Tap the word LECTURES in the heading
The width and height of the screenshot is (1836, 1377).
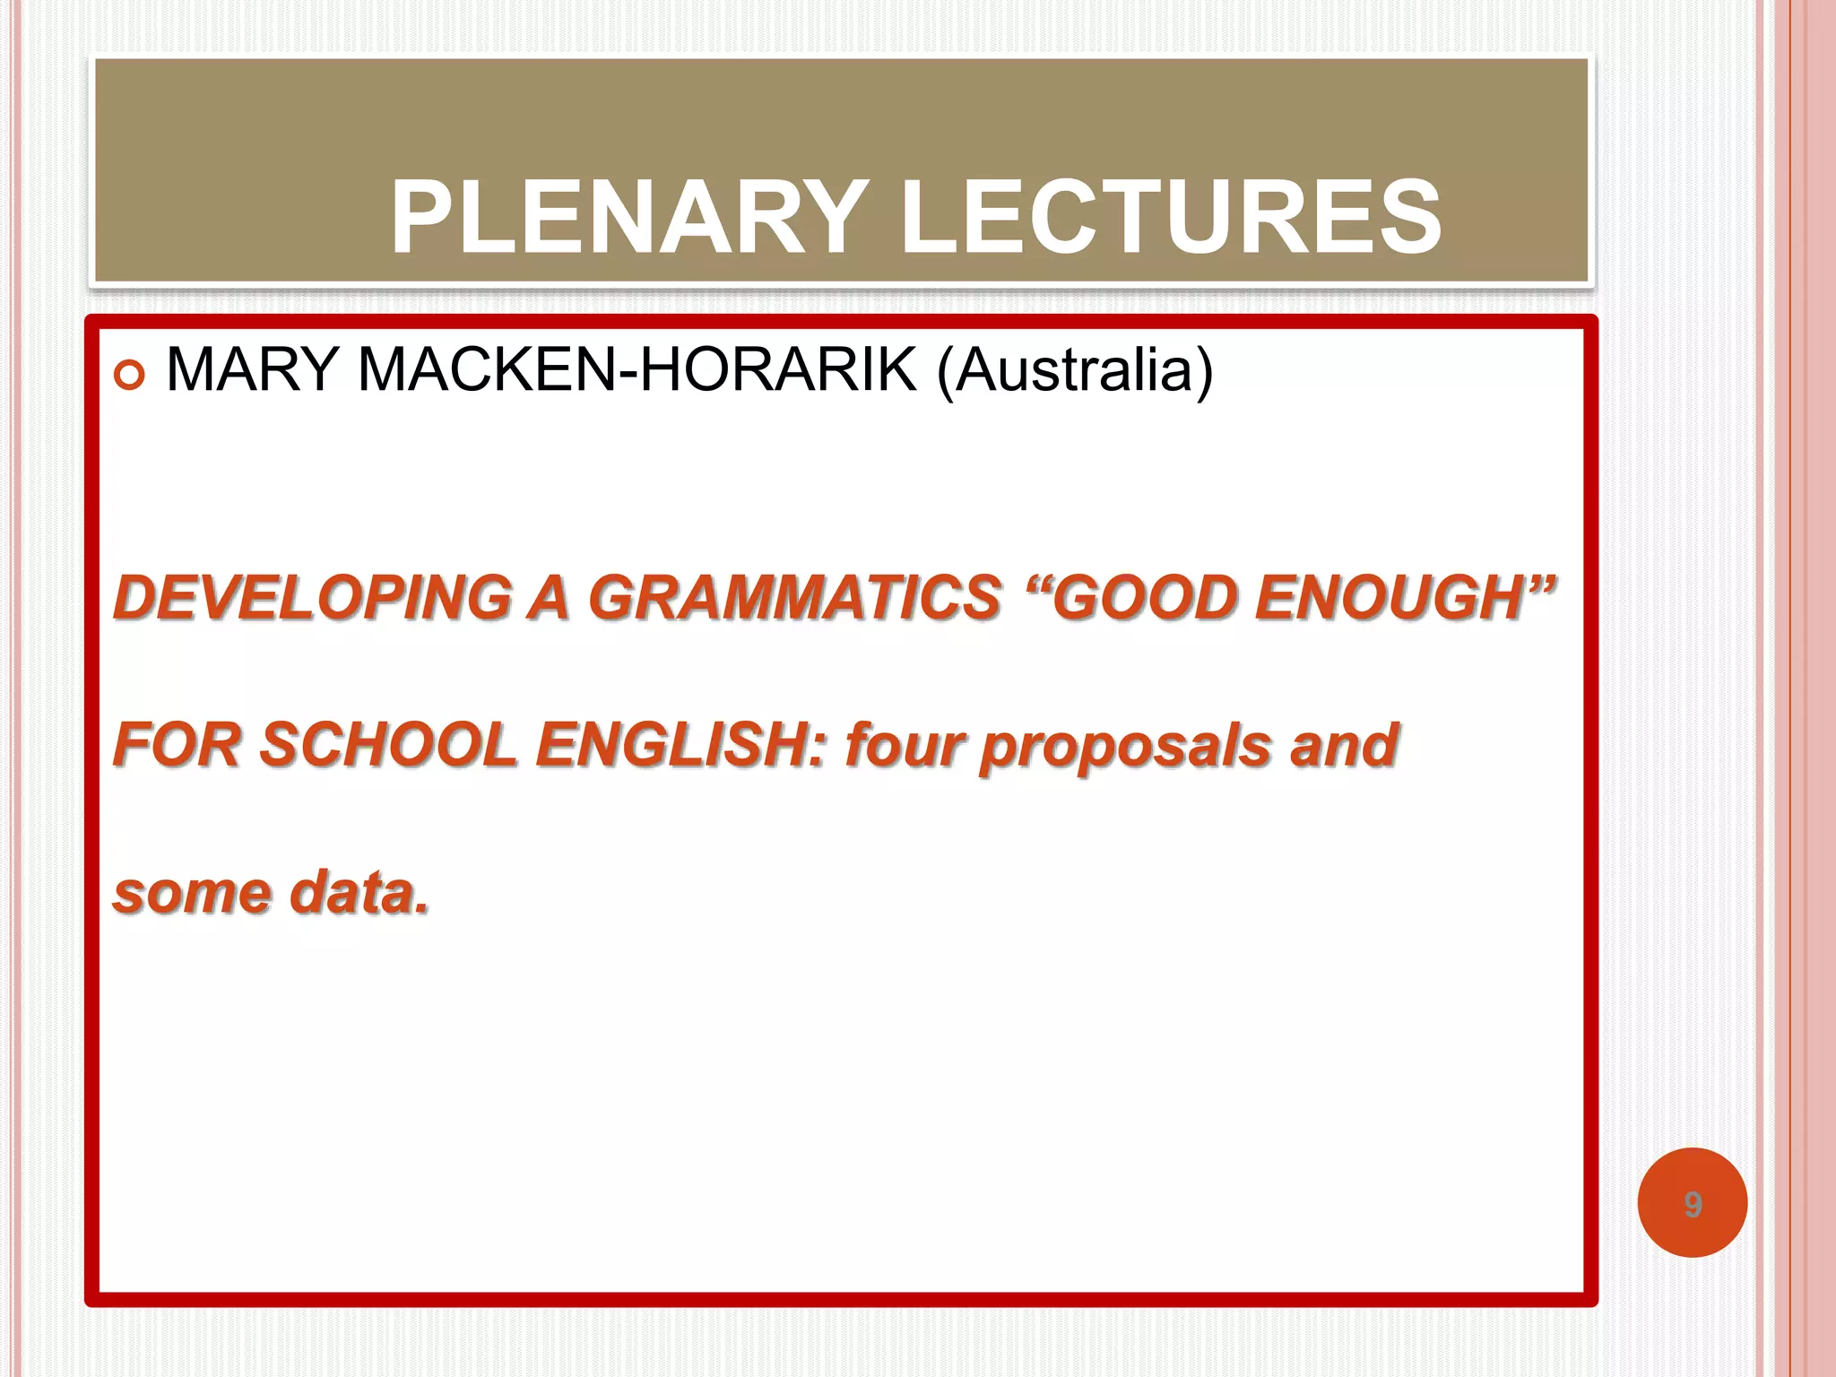[x=1171, y=218]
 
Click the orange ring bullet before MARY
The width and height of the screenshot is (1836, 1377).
[x=130, y=375]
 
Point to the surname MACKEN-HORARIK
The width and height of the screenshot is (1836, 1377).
[x=637, y=369]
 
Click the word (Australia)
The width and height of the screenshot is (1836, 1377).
[x=1075, y=369]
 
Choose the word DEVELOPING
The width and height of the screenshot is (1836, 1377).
[x=313, y=598]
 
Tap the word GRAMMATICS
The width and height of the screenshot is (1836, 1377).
[x=794, y=598]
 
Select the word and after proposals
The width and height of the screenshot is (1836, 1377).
[x=1344, y=745]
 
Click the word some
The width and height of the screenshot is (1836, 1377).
[x=192, y=893]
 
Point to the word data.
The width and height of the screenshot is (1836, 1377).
[x=359, y=893]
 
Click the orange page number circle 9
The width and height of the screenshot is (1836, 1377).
[x=1692, y=1203]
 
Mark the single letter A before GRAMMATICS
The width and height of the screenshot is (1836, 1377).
[x=549, y=598]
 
